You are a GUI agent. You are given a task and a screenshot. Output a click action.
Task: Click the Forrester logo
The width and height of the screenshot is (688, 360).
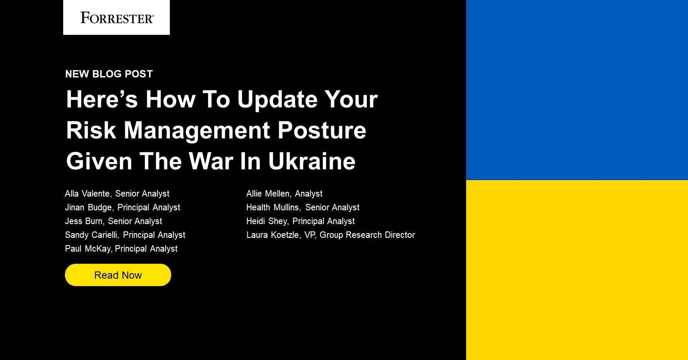click(117, 18)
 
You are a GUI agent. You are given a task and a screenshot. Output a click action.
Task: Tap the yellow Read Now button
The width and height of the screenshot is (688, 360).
click(118, 275)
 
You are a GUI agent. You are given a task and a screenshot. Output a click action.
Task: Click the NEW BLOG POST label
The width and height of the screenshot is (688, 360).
click(109, 74)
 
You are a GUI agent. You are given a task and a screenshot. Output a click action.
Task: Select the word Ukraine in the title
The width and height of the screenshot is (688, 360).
click(312, 161)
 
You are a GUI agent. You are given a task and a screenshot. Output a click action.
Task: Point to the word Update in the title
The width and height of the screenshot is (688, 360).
click(277, 100)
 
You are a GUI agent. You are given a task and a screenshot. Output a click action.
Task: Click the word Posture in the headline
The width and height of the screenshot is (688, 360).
click(322, 130)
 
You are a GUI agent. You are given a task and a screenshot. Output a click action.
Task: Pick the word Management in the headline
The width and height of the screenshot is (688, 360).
click(197, 130)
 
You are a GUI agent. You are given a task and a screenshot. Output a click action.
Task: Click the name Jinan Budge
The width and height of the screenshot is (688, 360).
click(89, 208)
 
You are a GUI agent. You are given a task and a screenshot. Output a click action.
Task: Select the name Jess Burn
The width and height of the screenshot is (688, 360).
click(84, 222)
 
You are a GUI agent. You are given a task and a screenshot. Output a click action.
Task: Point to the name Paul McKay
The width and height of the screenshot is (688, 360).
click(88, 249)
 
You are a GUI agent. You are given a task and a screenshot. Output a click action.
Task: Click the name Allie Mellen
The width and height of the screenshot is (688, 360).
click(268, 194)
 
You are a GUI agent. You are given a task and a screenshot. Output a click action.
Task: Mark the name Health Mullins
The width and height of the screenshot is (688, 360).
click(273, 208)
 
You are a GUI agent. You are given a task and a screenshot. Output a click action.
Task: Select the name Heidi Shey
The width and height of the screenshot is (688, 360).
click(267, 222)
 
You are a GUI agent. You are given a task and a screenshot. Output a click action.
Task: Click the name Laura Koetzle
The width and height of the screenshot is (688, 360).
click(273, 235)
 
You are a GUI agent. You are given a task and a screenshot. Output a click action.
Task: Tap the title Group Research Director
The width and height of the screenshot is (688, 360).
click(367, 235)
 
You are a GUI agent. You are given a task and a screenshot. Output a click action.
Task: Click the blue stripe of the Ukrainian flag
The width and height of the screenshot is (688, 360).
click(577, 89)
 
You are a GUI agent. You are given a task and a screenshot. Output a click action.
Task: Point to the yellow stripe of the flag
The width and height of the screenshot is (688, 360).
click(577, 270)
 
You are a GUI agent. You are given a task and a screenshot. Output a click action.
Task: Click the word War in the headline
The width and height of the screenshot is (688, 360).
click(211, 161)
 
